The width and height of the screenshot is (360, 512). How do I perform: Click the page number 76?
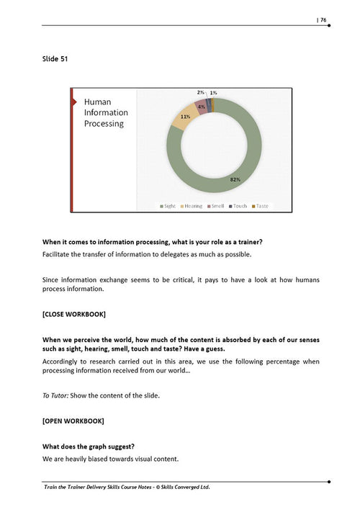[323, 19]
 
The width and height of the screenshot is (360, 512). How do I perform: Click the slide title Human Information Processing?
[106, 113]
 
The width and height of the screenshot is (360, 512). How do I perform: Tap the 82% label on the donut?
[235, 179]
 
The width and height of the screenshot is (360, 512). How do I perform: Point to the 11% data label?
[185, 116]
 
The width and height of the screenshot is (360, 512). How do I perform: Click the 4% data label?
[201, 107]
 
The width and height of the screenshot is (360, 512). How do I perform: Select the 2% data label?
[201, 93]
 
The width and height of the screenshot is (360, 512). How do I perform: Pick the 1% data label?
[214, 93]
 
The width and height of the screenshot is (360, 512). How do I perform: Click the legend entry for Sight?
[167, 206]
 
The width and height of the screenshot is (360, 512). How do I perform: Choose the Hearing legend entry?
[191, 206]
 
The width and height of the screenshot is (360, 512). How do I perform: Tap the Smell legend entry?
[216, 206]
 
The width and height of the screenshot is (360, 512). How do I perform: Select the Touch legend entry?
[238, 206]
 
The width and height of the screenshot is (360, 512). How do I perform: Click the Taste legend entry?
[260, 206]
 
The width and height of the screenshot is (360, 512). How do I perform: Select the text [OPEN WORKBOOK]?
[73, 420]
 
